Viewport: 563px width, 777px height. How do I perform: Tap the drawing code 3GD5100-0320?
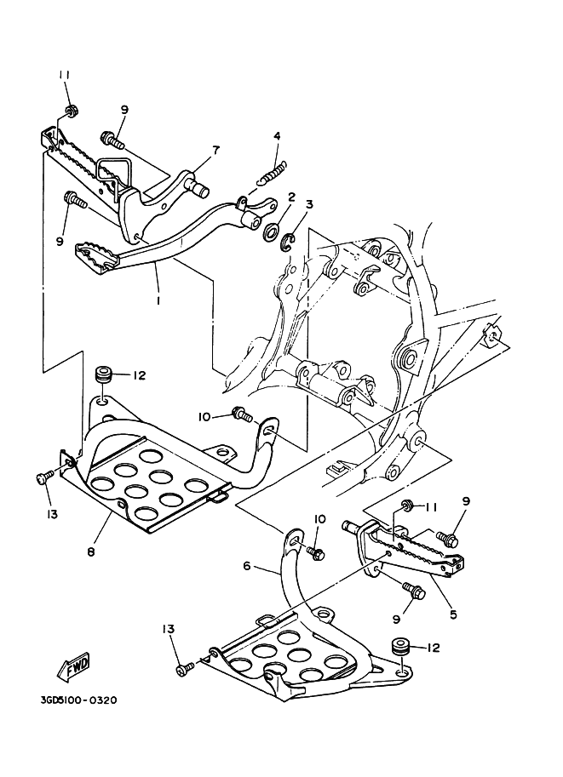(x=78, y=701)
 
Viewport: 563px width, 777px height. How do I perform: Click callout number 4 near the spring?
(x=277, y=136)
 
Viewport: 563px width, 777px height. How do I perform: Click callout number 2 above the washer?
(x=290, y=197)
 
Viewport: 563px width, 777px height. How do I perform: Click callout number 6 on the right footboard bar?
(x=247, y=565)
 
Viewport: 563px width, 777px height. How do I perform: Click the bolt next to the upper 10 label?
(x=244, y=415)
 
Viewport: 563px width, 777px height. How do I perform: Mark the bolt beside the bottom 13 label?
(x=182, y=670)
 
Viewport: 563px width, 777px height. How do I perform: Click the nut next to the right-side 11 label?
(x=407, y=506)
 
